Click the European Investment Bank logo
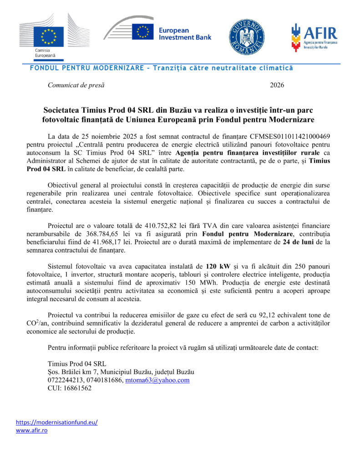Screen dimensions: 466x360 point(157,32)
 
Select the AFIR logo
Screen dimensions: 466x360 point(314,36)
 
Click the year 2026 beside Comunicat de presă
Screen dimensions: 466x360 point(277,85)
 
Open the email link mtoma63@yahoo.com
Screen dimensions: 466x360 point(157,380)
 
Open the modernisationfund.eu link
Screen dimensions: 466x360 point(57,422)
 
